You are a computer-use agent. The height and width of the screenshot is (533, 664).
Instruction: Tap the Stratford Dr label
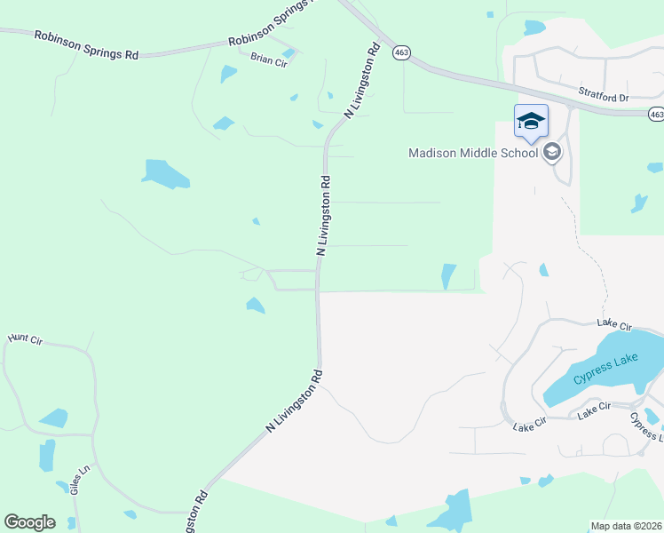coord(603,92)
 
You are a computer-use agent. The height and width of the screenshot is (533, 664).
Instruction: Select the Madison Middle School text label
coord(473,153)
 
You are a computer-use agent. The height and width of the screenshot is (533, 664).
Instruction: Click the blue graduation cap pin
coord(531,122)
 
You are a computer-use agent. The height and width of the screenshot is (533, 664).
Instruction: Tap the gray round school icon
coord(552,152)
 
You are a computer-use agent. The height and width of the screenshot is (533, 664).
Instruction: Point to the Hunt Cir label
coord(25,339)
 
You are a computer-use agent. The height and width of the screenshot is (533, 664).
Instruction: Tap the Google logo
coord(29,522)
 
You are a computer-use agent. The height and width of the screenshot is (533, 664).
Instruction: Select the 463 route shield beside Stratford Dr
coord(655,114)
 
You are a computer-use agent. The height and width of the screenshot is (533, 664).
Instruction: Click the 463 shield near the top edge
coord(401,52)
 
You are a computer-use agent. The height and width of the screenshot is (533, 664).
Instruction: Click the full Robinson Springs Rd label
coord(87,44)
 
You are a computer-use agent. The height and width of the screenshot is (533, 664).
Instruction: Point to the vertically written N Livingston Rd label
coord(324,216)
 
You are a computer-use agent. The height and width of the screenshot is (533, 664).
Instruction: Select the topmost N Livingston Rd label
coord(362,79)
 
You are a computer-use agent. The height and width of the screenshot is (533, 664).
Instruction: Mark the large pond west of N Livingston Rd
coord(166,173)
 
